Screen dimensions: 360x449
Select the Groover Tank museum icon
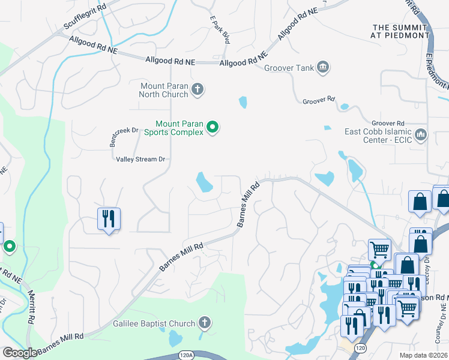pos(323,66)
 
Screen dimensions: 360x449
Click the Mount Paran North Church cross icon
pos(197,90)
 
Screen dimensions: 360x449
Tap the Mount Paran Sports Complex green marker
pos(212,127)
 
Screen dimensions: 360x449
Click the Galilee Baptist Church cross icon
pos(204,323)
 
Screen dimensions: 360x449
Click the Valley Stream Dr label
pos(140,159)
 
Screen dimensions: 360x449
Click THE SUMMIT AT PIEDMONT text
pos(400,32)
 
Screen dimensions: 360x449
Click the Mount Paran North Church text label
pos(164,90)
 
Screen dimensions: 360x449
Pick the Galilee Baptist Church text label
pos(154,323)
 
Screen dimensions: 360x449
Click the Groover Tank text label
pos(289,68)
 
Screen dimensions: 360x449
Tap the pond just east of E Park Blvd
pos(243,102)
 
